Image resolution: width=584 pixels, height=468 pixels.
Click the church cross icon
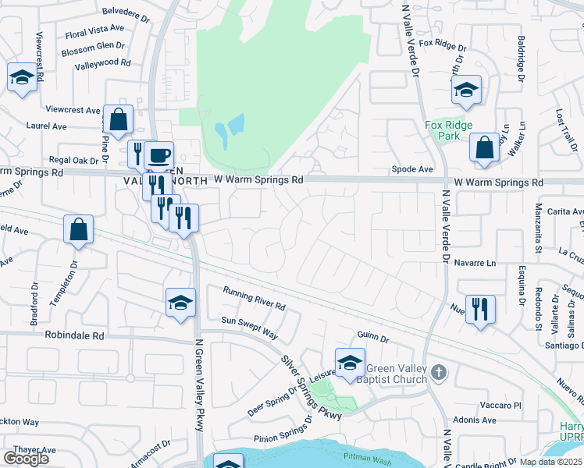pyautogui.click(x=439, y=374)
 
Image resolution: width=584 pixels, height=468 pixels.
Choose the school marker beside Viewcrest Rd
pyautogui.click(x=22, y=78)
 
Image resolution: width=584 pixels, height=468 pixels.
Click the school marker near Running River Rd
pyautogui.click(x=180, y=303)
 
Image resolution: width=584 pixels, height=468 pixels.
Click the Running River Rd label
pyautogui.click(x=254, y=299)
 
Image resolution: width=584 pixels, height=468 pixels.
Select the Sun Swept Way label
pyautogui.click(x=249, y=327)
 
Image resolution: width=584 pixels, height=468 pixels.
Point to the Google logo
pyautogui.click(x=26, y=459)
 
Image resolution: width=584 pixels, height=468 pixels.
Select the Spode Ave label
pyautogui.click(x=412, y=168)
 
